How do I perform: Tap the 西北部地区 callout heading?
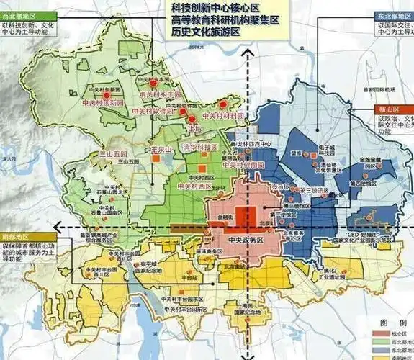click(x=20, y=15)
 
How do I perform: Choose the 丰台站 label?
click(x=190, y=277)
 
